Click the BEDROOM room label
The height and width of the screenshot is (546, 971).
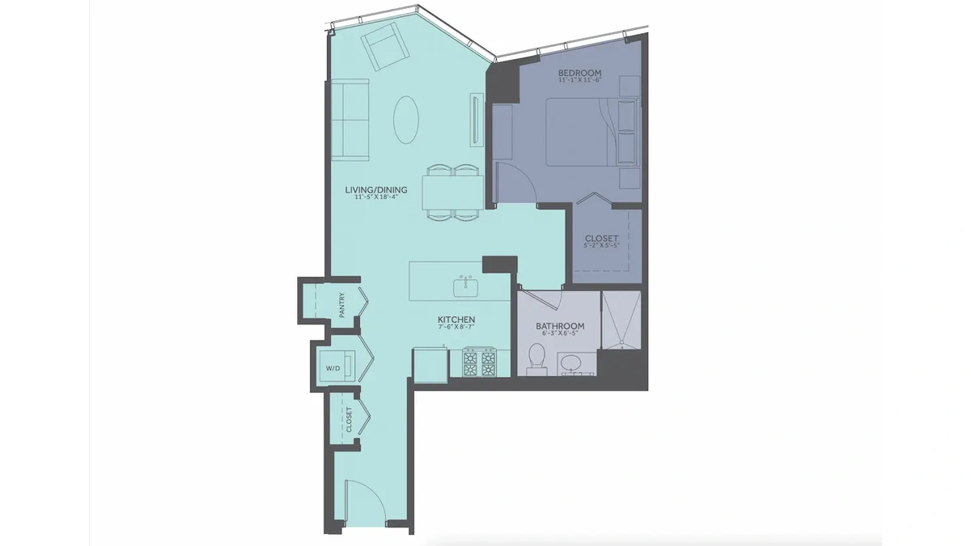[x=579, y=73]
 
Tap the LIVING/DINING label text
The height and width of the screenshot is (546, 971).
[x=376, y=190]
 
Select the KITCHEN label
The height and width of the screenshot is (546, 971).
[x=456, y=320]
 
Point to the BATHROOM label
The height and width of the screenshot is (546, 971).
[x=560, y=326]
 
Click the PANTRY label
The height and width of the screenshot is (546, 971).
[x=342, y=306]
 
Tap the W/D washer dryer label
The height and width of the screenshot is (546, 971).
[x=333, y=368]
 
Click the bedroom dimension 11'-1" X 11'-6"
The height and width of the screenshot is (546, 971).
[x=580, y=80]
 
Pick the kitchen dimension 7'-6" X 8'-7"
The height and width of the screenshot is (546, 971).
[x=456, y=327]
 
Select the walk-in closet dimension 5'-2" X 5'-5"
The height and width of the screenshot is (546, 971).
[x=602, y=245]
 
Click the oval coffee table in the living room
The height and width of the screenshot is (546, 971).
[x=406, y=120]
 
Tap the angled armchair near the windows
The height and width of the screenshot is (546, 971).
[x=385, y=47]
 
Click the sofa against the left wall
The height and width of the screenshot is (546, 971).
[x=350, y=120]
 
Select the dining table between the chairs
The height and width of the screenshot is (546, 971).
[x=453, y=193]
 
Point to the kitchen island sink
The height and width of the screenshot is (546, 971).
[x=466, y=287]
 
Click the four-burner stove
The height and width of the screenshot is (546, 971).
[x=479, y=362]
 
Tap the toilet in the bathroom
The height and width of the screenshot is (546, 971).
[x=536, y=359]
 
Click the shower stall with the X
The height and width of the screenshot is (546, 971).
[x=621, y=320]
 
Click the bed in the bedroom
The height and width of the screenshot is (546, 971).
[x=592, y=132]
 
